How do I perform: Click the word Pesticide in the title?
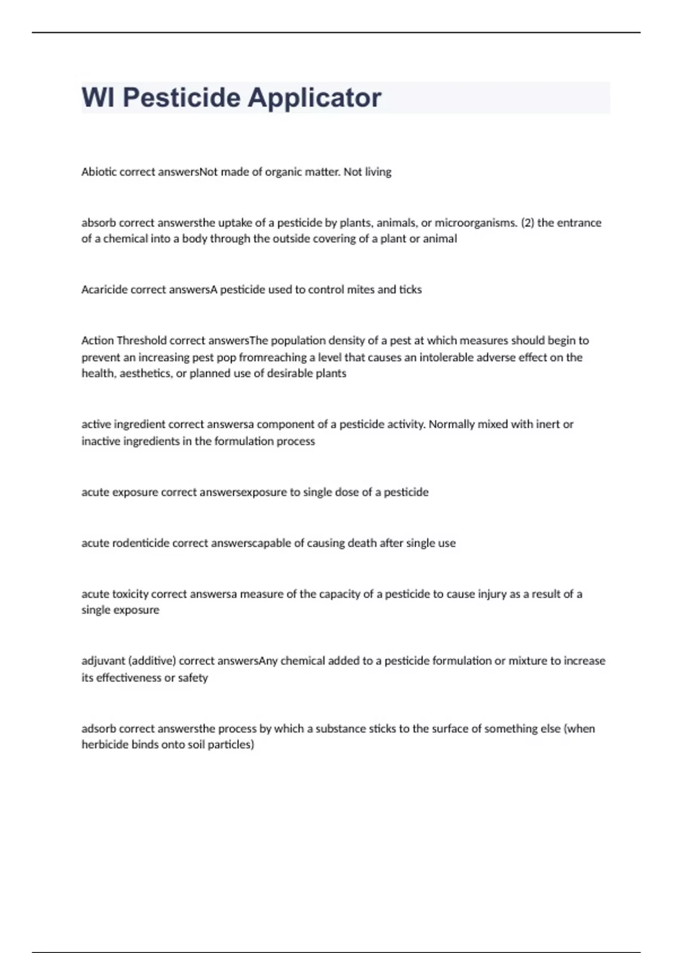coord(181,98)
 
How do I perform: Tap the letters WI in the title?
coord(98,98)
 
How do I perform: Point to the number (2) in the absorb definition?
coord(527,223)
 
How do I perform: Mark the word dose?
coord(346,492)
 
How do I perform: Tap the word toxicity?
coord(130,594)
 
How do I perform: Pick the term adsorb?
coord(99,729)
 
